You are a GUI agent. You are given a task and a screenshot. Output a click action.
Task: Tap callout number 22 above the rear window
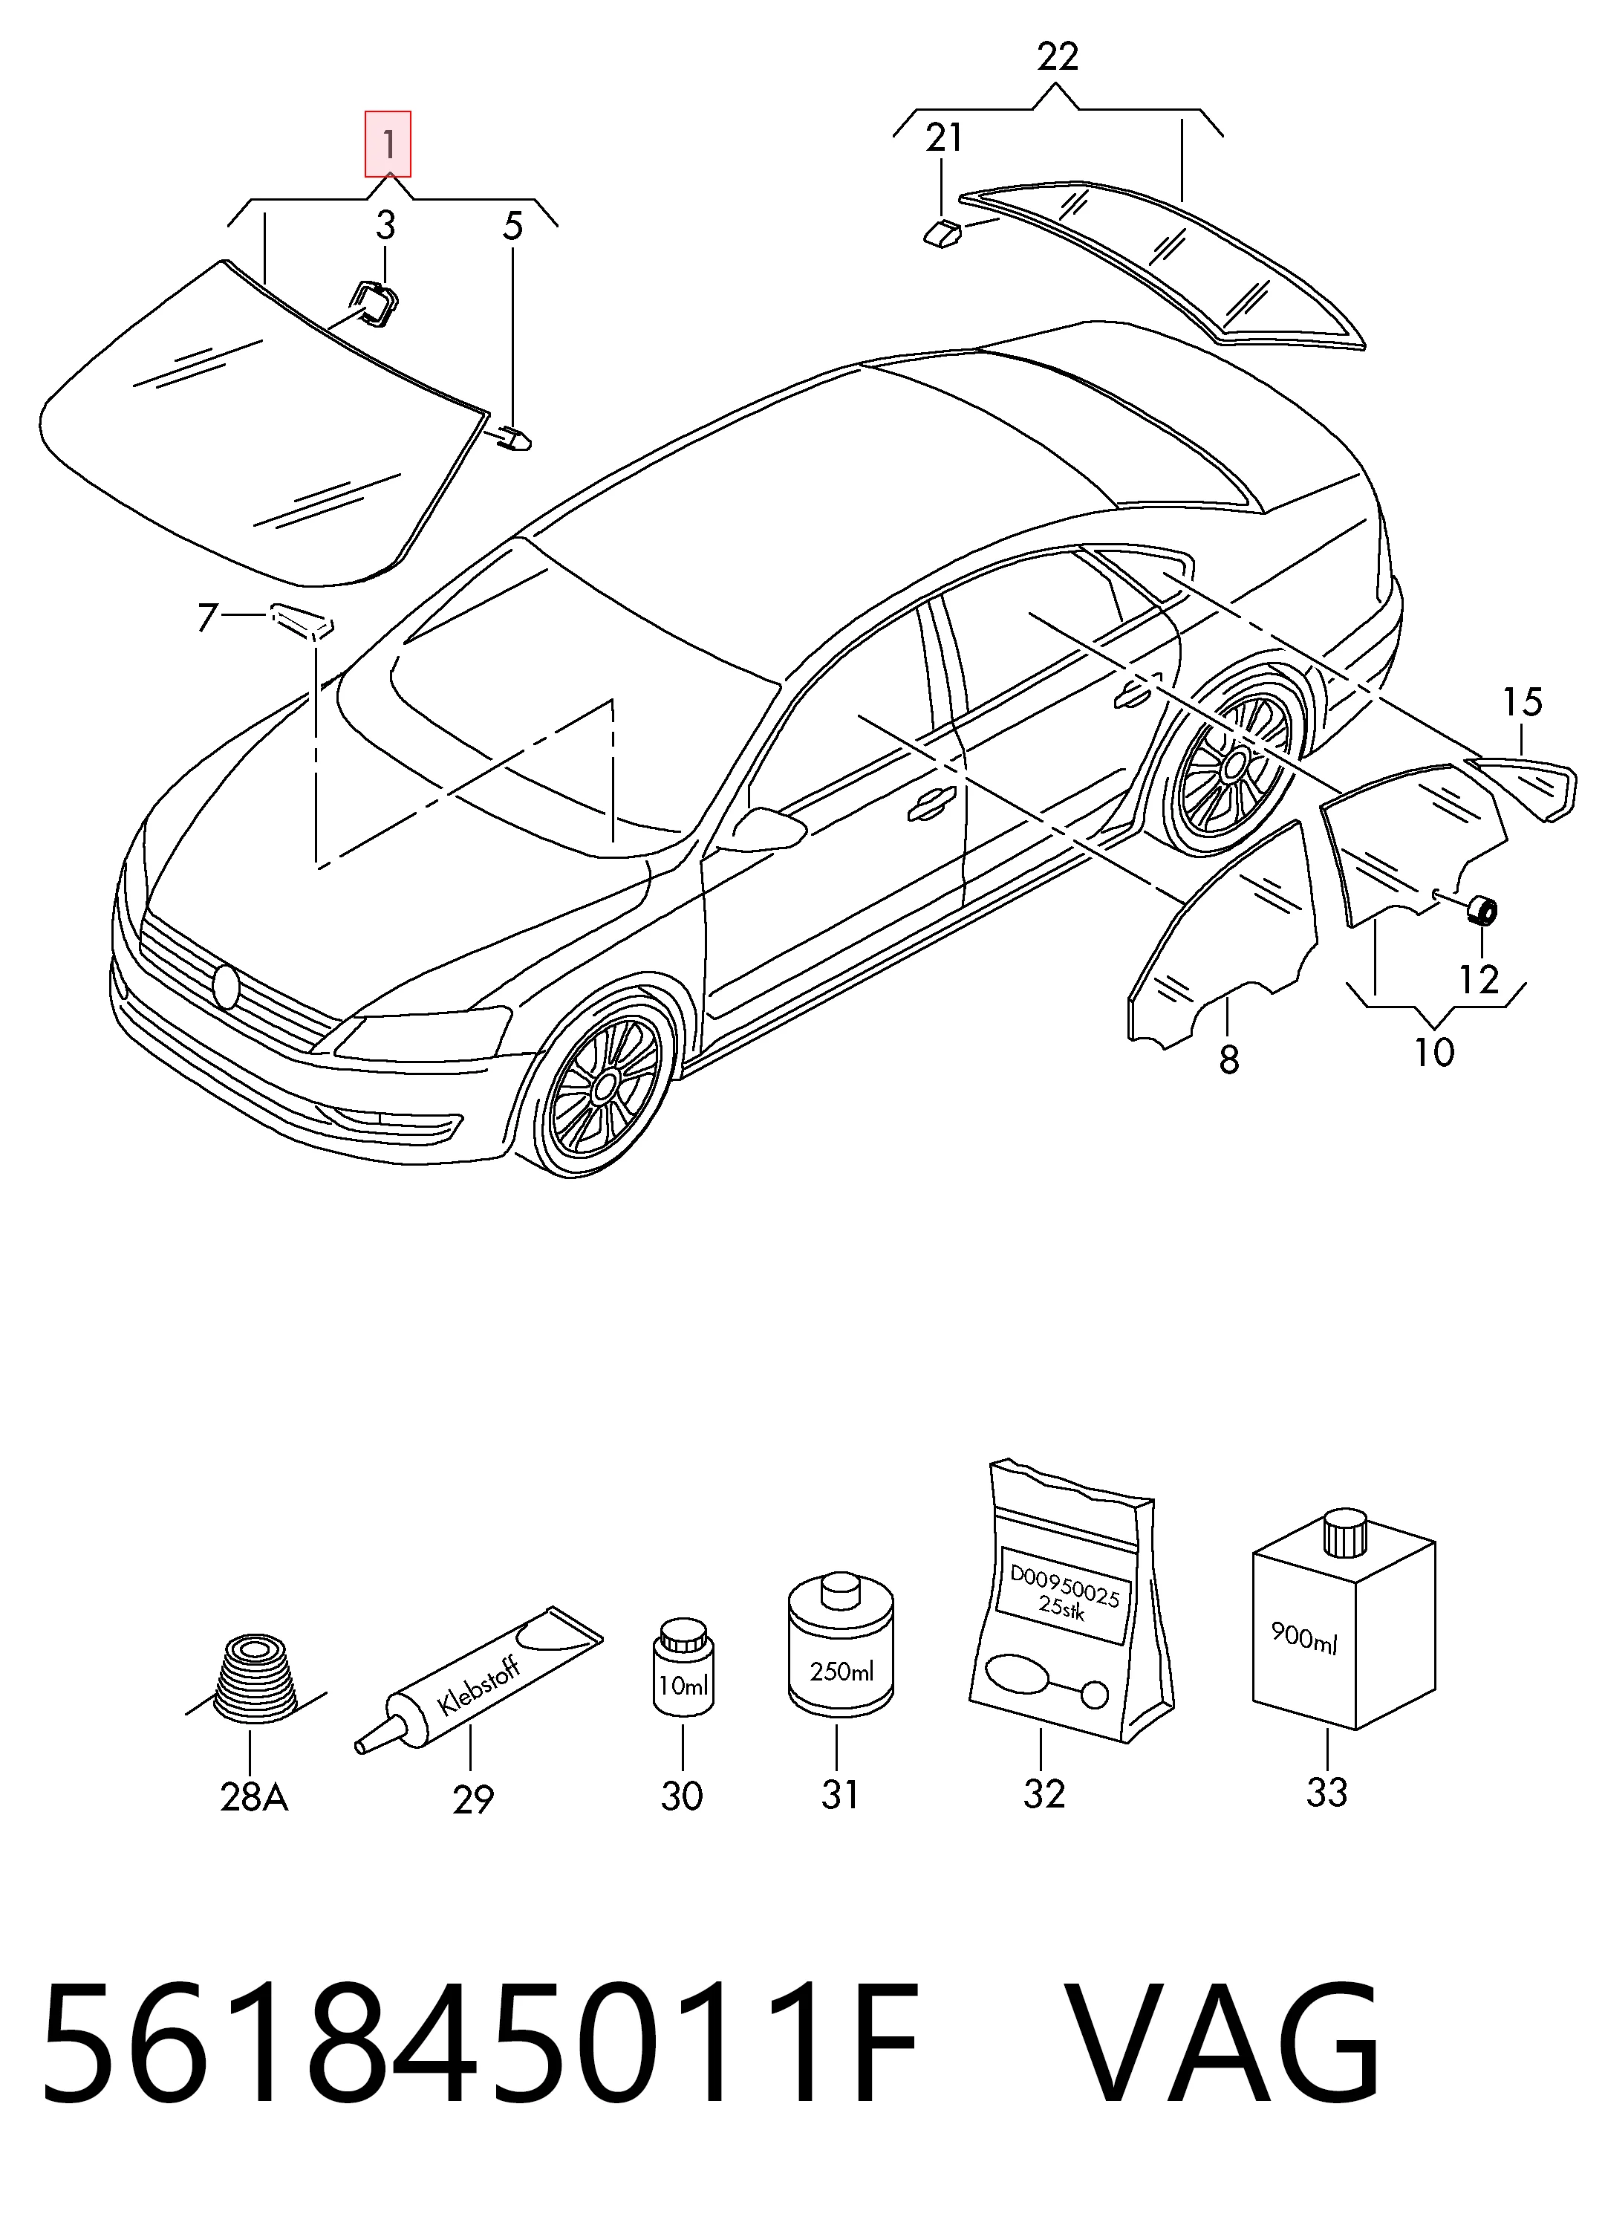click(x=1057, y=57)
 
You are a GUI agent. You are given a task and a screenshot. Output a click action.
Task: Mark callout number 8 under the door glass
click(x=1229, y=1059)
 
